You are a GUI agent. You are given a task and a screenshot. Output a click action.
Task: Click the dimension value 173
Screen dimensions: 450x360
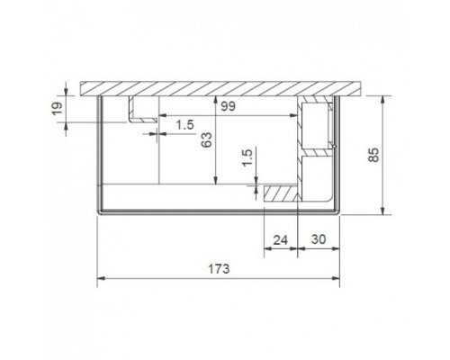[x=219, y=269]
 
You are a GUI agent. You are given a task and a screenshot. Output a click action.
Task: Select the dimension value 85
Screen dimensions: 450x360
[x=373, y=155]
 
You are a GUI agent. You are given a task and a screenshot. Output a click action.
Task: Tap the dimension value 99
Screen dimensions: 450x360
[x=229, y=106]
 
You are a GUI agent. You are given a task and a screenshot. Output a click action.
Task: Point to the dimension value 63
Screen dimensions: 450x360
[x=206, y=139]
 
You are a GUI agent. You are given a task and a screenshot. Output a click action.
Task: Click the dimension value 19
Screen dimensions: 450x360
[x=58, y=109]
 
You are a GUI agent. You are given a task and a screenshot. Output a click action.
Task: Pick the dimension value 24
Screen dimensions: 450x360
[x=281, y=240]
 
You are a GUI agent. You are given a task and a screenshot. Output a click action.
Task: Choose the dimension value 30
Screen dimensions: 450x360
[x=319, y=239]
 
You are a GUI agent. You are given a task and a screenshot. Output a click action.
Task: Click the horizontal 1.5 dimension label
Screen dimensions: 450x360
[x=184, y=124]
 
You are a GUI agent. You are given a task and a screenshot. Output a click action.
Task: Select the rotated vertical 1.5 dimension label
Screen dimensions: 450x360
[x=247, y=157]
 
